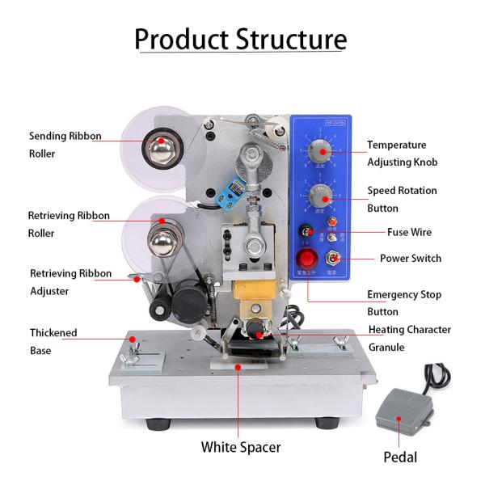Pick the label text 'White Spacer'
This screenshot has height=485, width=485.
coord(241,446)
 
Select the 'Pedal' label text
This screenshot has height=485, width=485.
coord(400,457)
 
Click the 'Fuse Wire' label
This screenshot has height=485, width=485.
coord(409,233)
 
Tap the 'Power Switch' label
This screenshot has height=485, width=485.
coord(411,259)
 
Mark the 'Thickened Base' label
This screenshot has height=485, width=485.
coord(53,341)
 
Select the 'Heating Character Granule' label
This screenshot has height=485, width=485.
coord(409,338)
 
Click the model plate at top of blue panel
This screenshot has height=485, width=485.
coord(335,123)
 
